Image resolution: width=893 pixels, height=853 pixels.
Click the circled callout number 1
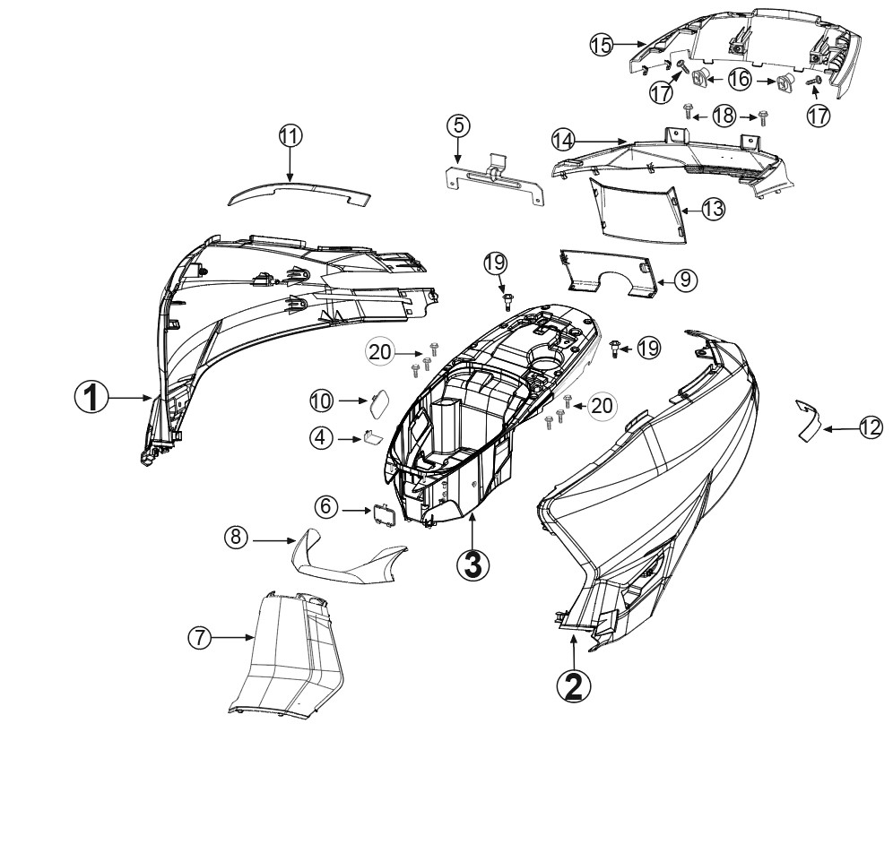(x=91, y=397)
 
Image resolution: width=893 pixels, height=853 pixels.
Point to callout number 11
(x=290, y=136)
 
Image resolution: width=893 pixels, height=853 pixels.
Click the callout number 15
(x=602, y=45)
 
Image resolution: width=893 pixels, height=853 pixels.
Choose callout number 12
(x=871, y=428)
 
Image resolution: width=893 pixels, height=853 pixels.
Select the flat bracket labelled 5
(x=494, y=177)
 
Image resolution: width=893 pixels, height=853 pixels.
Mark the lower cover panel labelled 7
(x=288, y=652)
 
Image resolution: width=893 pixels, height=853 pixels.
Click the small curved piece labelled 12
(x=808, y=420)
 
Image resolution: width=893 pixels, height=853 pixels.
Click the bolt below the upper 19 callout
(x=506, y=302)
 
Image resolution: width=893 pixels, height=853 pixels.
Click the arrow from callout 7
(x=233, y=638)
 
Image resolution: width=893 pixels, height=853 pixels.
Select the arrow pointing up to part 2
(x=574, y=651)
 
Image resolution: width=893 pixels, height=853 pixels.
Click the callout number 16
(x=740, y=79)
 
